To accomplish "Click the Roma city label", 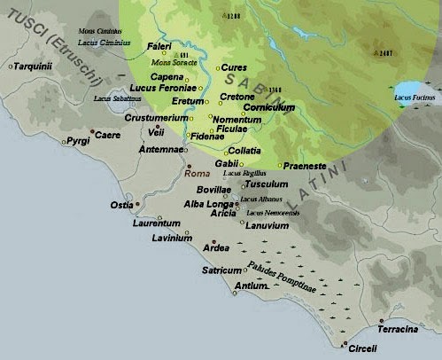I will click(197, 175).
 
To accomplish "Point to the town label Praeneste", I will click(307, 166).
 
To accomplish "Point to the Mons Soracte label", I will click(176, 63).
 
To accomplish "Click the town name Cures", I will click(233, 67).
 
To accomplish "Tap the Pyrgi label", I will click(78, 141).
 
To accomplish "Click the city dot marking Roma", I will click(188, 166).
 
